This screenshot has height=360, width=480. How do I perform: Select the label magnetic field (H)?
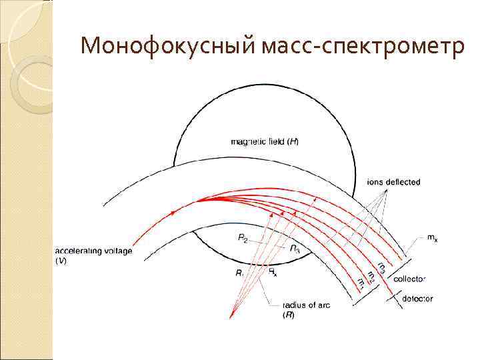[x=269, y=141]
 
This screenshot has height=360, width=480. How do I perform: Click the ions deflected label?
[x=394, y=182]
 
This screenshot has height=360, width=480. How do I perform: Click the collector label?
[x=409, y=278]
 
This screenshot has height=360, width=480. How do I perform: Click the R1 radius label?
[x=241, y=272]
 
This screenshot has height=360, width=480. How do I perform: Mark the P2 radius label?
[x=243, y=237]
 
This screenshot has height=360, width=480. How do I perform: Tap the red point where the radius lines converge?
[x=231, y=315]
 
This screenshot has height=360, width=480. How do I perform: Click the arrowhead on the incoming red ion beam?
[x=174, y=213]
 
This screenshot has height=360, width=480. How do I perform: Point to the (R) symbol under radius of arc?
[x=289, y=314]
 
